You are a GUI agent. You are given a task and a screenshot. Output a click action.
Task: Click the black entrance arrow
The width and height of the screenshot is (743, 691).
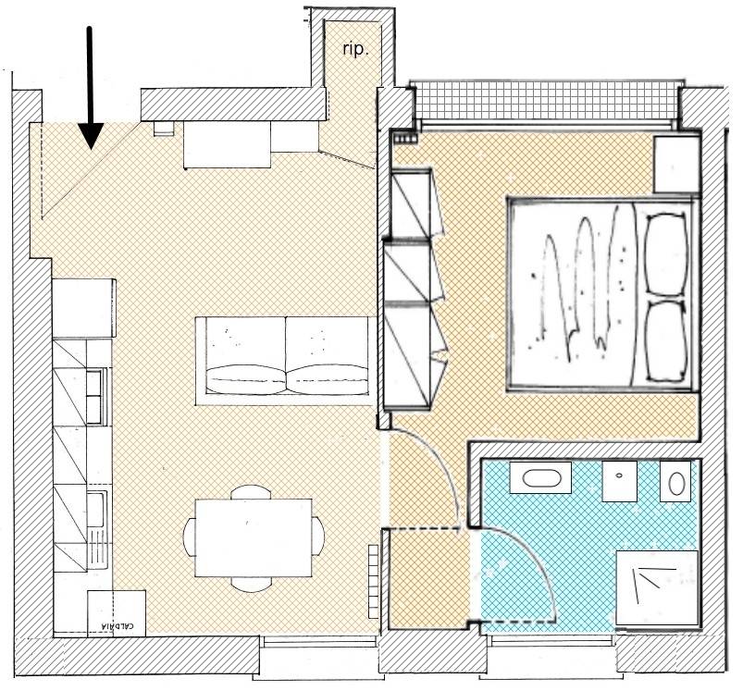point(90,88)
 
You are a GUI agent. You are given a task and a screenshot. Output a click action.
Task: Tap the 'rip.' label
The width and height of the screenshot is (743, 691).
point(355,49)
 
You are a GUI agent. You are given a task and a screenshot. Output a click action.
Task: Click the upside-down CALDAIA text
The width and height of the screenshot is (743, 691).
point(117,626)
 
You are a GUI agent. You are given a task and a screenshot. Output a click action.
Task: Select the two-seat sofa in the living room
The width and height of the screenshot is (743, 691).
point(283,362)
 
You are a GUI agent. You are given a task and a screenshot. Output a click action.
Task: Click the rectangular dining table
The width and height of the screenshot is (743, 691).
point(254,537)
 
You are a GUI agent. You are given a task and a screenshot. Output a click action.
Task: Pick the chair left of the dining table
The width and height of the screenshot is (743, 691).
point(190,537)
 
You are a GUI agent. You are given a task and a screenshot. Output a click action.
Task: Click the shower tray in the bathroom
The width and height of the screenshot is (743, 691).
point(657,587)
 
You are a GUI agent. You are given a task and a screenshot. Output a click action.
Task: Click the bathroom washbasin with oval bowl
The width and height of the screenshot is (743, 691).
point(540,478)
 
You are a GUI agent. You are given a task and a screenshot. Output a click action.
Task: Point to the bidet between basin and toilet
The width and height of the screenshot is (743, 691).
point(619,481)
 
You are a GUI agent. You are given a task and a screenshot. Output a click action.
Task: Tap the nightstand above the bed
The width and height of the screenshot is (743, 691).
point(676,164)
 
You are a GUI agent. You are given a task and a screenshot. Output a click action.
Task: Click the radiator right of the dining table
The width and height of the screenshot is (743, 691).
point(374,581)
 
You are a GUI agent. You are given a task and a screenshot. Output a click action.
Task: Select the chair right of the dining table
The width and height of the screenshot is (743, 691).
point(318,537)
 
